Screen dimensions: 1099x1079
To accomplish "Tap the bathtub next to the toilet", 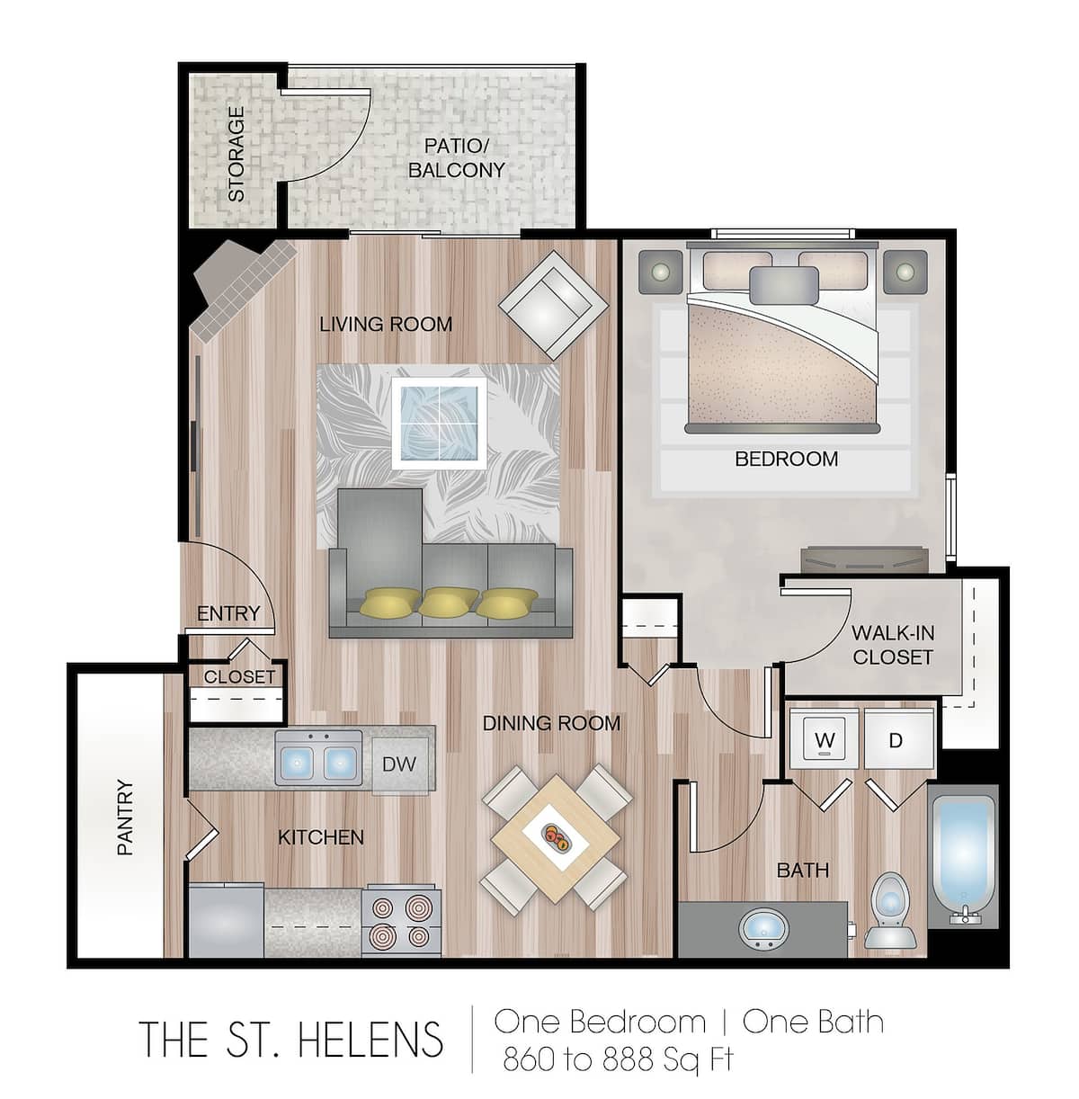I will (961, 854).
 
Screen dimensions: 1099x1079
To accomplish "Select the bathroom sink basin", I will (763, 927).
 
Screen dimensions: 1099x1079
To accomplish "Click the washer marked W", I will (825, 740).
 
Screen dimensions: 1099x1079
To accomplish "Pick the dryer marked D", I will (896, 740).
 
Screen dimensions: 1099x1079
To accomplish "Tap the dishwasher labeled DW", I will (399, 764).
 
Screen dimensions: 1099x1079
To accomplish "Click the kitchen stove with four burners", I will (401, 922).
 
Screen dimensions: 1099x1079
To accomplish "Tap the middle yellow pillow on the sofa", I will (449, 601).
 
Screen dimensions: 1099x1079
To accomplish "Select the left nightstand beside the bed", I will (661, 272).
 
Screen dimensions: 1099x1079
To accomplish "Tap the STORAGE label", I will (236, 154).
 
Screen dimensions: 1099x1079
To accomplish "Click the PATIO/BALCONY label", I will (456, 158).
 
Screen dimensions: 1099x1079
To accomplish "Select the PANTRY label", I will (124, 817).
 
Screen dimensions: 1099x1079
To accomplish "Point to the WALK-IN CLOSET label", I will (892, 645).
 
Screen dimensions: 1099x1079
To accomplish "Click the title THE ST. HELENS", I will (291, 1040).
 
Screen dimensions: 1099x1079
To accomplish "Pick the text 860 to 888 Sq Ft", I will (618, 1059).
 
